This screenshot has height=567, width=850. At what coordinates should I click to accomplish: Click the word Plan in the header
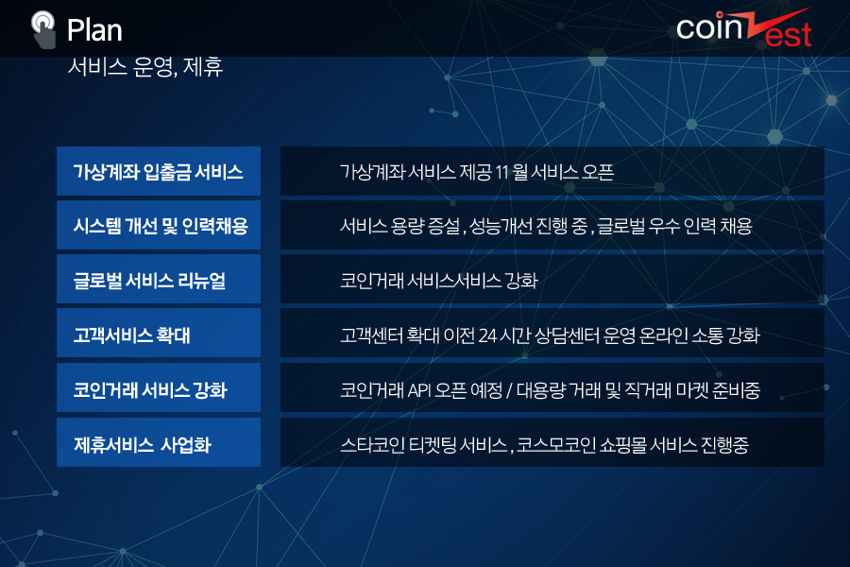[x=94, y=30]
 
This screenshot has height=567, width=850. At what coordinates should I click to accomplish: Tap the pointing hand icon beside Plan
[x=43, y=30]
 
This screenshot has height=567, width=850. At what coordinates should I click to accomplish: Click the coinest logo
[x=744, y=28]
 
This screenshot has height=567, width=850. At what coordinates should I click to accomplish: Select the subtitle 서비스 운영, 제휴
[x=145, y=67]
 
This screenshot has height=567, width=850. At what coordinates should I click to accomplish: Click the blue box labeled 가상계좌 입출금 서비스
[x=159, y=171]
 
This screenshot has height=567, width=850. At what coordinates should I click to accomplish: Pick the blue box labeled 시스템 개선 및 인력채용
[x=159, y=225]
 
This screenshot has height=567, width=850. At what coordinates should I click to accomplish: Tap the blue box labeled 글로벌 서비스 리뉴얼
[x=159, y=279]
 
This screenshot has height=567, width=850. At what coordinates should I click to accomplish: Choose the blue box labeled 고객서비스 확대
[x=159, y=334]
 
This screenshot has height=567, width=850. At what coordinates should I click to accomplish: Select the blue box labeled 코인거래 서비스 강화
[x=159, y=387]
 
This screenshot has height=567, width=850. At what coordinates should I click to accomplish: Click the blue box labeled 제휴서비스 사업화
[x=159, y=442]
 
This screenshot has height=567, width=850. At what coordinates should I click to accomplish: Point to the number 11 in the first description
[x=501, y=173]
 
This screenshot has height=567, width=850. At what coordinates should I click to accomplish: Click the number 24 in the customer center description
[x=487, y=335]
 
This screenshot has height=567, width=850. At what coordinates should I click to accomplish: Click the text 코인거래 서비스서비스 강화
[x=439, y=281]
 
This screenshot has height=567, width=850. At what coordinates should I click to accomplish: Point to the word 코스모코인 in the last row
[x=549, y=445]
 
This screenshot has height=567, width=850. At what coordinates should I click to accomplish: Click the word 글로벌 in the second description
[x=621, y=226]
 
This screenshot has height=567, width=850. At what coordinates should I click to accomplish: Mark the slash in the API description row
[x=510, y=390]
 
